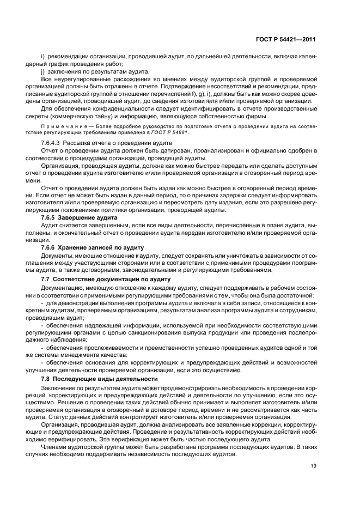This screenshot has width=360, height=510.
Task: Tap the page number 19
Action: [312, 465]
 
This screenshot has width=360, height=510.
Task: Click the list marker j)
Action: [44, 72]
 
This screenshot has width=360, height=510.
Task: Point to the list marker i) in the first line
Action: [43, 57]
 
